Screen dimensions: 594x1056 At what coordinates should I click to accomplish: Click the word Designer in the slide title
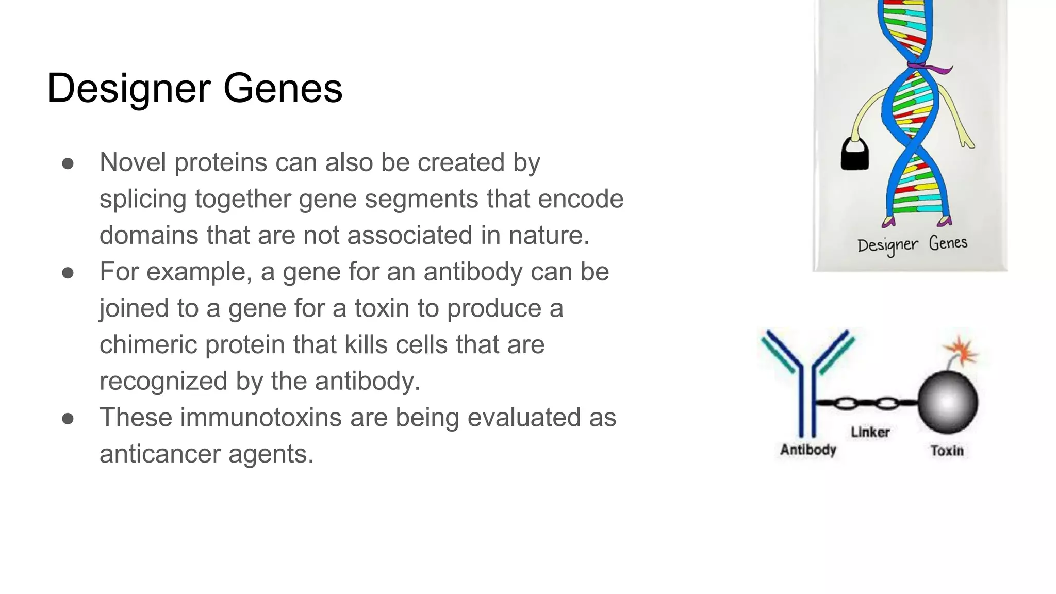click(129, 89)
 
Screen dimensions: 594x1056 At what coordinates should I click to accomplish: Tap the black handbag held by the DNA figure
click(854, 156)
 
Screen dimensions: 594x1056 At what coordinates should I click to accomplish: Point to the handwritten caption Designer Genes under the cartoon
click(912, 244)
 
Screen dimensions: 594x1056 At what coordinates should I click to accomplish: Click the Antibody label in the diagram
click(808, 450)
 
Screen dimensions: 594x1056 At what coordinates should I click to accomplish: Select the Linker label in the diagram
click(870, 432)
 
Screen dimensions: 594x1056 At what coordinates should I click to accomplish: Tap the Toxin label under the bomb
click(947, 451)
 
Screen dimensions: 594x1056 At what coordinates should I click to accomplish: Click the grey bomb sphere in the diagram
click(948, 403)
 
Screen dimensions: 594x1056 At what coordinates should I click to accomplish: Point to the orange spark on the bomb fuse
click(962, 351)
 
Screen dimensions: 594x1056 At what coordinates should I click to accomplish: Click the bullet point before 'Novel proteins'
click(68, 164)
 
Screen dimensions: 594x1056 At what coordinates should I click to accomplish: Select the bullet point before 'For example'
click(68, 273)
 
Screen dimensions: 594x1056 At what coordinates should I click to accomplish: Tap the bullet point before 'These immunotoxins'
click(68, 419)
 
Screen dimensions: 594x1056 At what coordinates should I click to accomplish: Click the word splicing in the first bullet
click(142, 200)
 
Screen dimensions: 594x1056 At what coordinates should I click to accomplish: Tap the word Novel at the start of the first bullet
click(133, 162)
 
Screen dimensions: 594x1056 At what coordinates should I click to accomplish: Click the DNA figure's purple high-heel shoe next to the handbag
click(888, 222)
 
